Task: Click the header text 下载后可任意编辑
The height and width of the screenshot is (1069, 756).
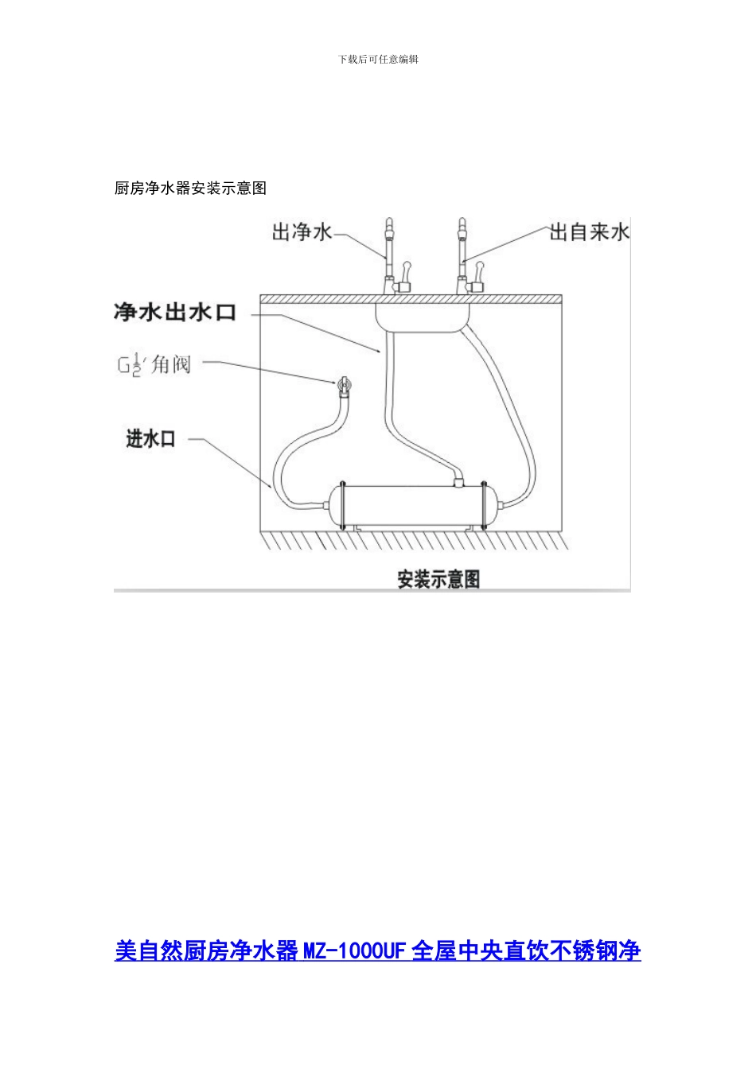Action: coord(378,60)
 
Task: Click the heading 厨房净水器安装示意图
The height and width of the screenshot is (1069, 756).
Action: coord(190,189)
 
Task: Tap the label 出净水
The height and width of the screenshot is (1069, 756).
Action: coord(302,233)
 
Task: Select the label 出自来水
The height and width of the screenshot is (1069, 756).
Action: coord(589,232)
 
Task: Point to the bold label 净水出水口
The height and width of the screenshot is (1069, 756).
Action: coord(175,313)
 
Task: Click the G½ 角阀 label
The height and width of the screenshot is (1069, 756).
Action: coord(155,366)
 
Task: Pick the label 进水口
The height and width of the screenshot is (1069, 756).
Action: coord(150,439)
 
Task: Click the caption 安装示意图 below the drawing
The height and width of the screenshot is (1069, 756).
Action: coord(438,580)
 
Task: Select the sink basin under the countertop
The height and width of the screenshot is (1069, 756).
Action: coord(423,317)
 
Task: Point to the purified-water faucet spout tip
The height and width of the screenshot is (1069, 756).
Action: coord(390,223)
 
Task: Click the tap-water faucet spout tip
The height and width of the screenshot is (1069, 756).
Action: coord(461,223)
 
